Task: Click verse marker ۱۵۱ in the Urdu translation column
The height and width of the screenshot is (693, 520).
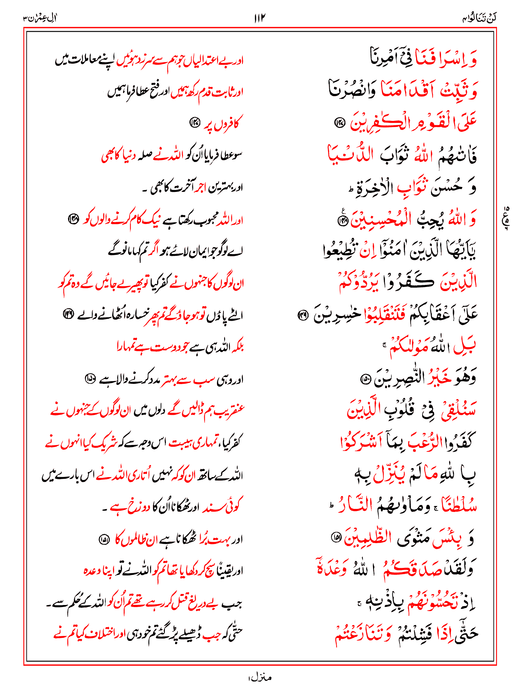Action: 104,539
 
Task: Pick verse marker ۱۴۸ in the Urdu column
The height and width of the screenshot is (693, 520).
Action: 73,219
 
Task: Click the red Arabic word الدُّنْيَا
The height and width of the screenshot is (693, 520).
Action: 349,155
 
